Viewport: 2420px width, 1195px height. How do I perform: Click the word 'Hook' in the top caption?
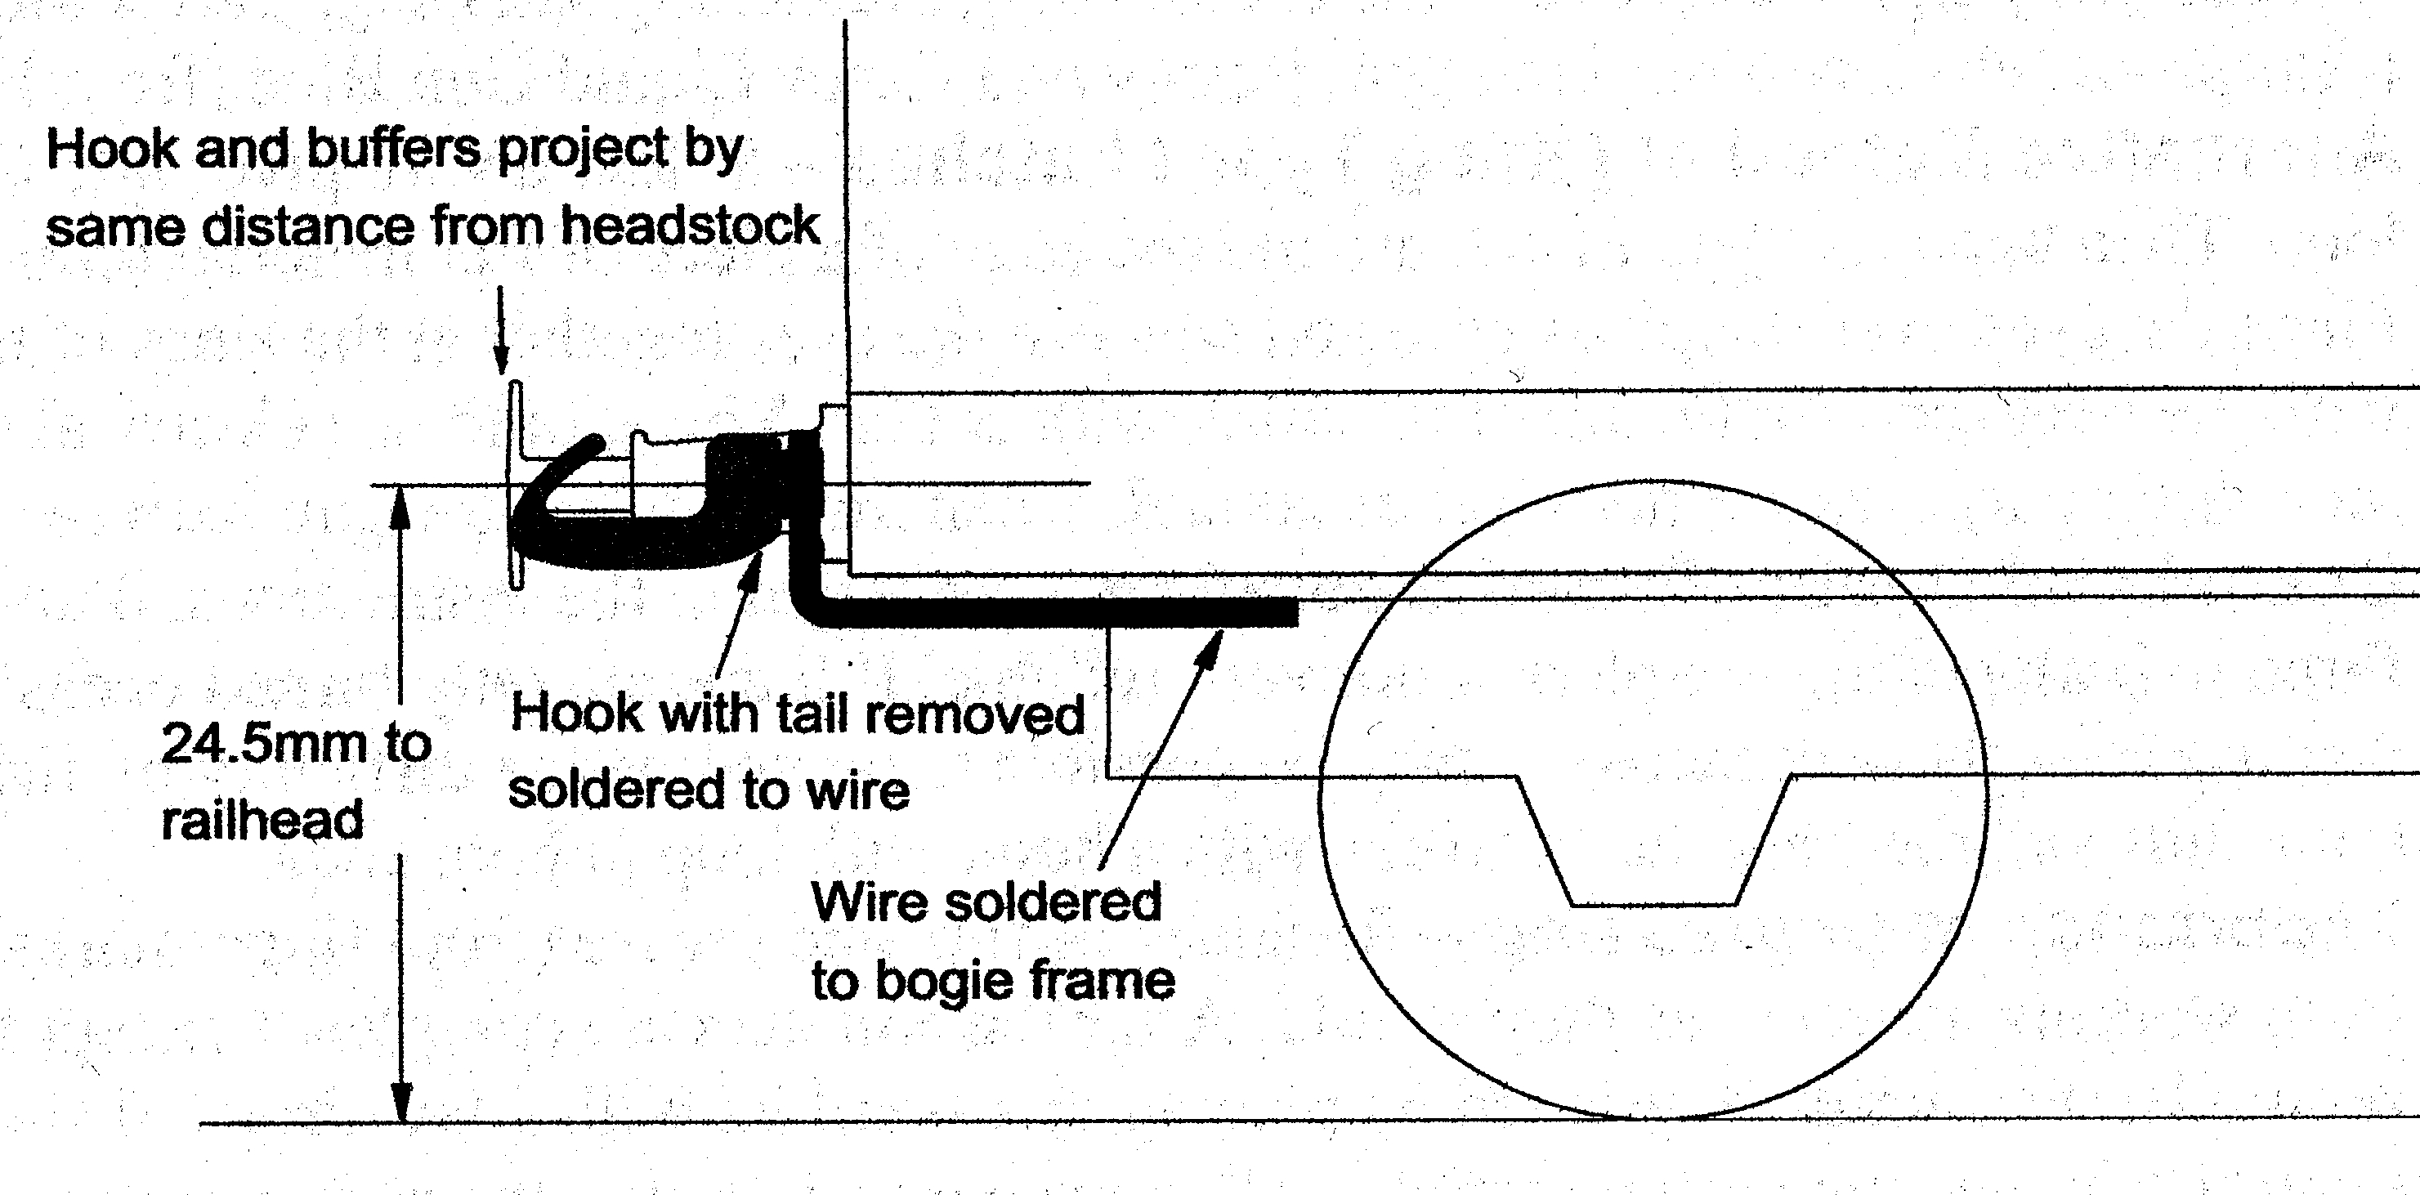coord(112,150)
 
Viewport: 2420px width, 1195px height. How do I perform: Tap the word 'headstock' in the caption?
coord(691,226)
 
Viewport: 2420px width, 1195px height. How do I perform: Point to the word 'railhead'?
coord(262,820)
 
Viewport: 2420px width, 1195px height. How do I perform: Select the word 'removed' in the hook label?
coord(974,715)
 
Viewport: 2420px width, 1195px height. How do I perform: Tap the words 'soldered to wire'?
coord(709,789)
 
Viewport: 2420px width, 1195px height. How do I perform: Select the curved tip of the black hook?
coord(593,442)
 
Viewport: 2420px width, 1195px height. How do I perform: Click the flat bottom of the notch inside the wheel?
coord(1653,904)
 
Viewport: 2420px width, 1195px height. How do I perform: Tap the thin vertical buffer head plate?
coord(515,484)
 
